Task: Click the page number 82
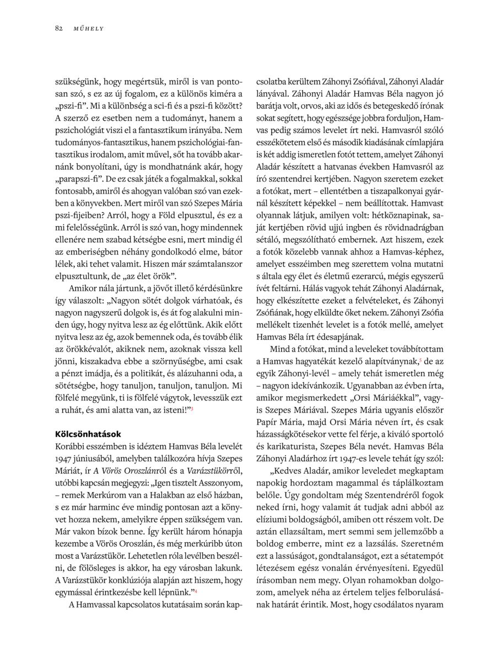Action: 58,28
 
